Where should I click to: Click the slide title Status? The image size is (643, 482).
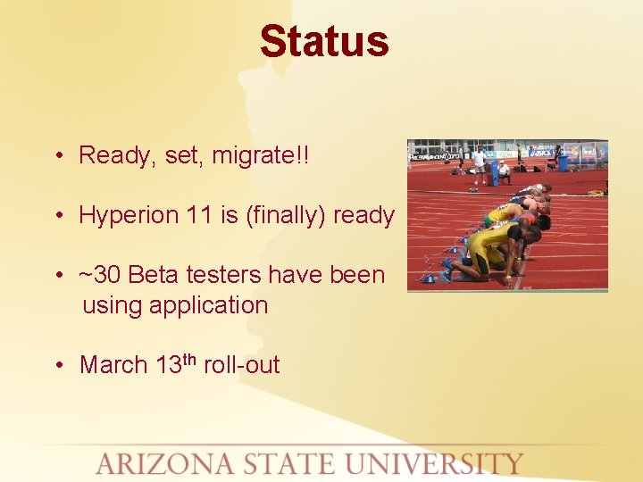click(x=324, y=42)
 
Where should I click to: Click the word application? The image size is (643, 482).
click(x=209, y=305)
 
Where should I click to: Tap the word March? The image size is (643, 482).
click(x=113, y=365)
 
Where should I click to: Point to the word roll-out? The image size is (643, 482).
click(x=241, y=365)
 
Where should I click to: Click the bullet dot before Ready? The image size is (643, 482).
click(x=56, y=156)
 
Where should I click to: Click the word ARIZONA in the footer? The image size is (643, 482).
click(x=163, y=464)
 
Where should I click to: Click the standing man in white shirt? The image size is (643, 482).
click(x=480, y=161)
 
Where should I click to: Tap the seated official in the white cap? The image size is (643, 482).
click(x=504, y=170)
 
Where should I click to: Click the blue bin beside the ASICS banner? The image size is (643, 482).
click(x=563, y=162)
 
